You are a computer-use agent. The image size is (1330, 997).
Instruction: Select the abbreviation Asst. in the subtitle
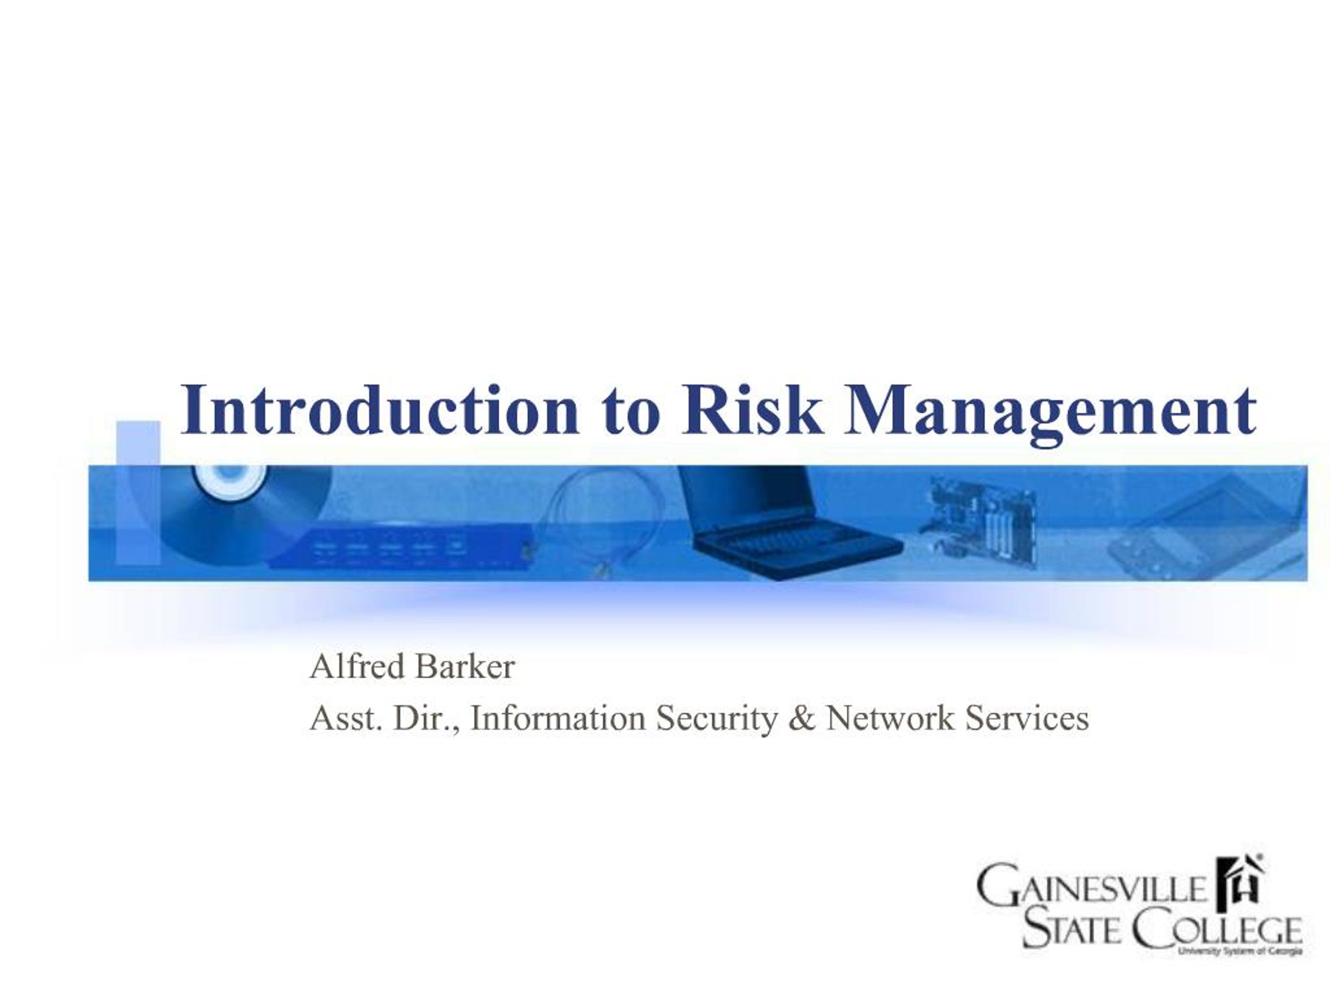[345, 719]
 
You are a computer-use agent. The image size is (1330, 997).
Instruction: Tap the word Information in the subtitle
[558, 719]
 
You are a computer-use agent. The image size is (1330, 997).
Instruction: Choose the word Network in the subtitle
[890, 719]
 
